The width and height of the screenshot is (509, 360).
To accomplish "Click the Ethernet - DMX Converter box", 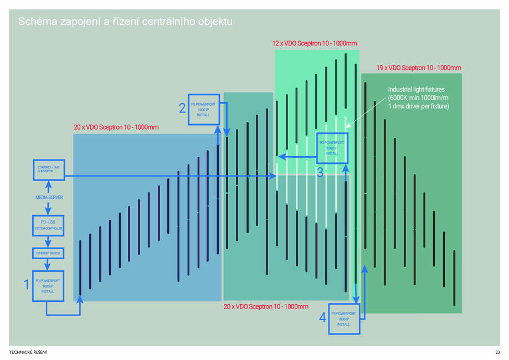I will [x=48, y=169].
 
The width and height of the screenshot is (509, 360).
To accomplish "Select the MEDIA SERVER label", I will [x=49, y=197].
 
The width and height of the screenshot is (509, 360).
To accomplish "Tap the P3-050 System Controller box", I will [x=48, y=225].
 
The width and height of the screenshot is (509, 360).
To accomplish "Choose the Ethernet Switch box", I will [x=48, y=253].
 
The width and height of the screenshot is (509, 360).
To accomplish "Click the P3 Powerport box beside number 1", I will [x=48, y=286].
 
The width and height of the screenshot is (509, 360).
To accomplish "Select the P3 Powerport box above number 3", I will [x=331, y=148].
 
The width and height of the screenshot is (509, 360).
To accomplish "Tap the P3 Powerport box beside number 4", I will [x=343, y=318].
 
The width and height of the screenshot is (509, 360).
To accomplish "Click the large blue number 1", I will [x=26, y=285].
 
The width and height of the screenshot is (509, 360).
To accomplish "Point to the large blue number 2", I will [x=182, y=109].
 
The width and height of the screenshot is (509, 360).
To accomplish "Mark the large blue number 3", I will [x=320, y=172].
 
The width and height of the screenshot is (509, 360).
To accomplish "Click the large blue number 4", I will [x=322, y=318].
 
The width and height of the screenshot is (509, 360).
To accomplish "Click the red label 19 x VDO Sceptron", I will [x=418, y=68].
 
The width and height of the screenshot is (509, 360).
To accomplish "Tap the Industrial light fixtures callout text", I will [x=418, y=97].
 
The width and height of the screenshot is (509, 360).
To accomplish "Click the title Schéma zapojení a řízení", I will [x=125, y=22].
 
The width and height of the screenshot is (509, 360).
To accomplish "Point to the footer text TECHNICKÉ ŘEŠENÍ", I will [x=32, y=352].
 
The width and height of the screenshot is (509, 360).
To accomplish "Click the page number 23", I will [x=497, y=352].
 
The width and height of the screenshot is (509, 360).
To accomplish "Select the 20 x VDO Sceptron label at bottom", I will [x=266, y=306].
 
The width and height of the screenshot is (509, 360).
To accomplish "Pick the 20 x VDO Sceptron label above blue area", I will [x=116, y=127].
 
